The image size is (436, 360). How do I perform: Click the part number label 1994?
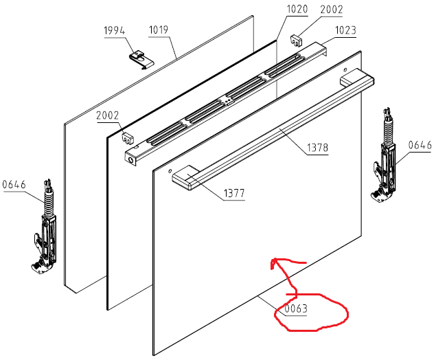115,30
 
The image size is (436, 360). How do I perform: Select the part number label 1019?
158,30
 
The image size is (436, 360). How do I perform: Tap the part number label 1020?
297,10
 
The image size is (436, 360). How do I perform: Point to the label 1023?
345,30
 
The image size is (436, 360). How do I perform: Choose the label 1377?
233,194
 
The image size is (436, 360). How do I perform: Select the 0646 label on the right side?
420,144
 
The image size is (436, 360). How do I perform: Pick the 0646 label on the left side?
14,183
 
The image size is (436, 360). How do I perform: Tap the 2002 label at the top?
331,10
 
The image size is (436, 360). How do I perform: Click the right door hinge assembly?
387,161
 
